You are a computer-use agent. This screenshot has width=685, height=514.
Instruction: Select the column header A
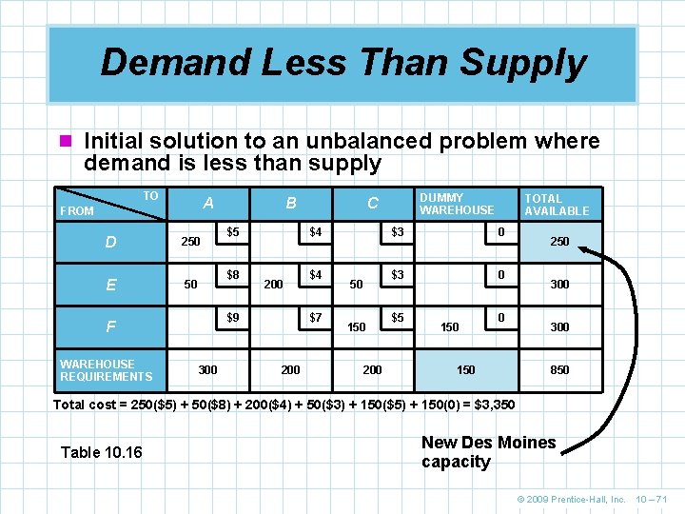pyautogui.click(x=208, y=203)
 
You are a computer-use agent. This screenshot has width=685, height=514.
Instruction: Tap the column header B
pyautogui.click(x=291, y=203)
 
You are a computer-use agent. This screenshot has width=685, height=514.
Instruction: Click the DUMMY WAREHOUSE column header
pyautogui.click(x=457, y=204)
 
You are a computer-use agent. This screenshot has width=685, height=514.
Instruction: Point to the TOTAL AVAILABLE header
pyautogui.click(x=557, y=205)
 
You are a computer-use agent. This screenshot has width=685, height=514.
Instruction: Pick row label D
pyautogui.click(x=111, y=242)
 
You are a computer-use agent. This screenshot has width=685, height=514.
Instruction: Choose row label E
pyautogui.click(x=111, y=285)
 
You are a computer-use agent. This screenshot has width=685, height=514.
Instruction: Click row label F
pyautogui.click(x=111, y=326)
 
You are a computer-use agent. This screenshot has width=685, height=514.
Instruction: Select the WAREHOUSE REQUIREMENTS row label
pyautogui.click(x=106, y=370)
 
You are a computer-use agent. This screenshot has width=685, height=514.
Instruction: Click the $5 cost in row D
pyautogui.click(x=232, y=231)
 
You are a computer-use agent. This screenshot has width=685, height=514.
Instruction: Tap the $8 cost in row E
pyautogui.click(x=232, y=275)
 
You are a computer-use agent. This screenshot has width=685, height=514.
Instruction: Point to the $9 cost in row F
pyautogui.click(x=232, y=317)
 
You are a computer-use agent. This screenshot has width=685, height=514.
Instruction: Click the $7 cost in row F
pyautogui.click(x=315, y=317)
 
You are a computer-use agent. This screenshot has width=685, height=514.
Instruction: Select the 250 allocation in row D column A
pyautogui.click(x=190, y=242)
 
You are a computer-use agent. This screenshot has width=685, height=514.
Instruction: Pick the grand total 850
pyautogui.click(x=559, y=370)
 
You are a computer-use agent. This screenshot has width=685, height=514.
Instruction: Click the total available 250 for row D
pyautogui.click(x=559, y=242)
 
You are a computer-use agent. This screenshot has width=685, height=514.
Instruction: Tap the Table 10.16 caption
pyautogui.click(x=101, y=452)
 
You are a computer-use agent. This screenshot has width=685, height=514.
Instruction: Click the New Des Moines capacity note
pyautogui.click(x=488, y=452)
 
